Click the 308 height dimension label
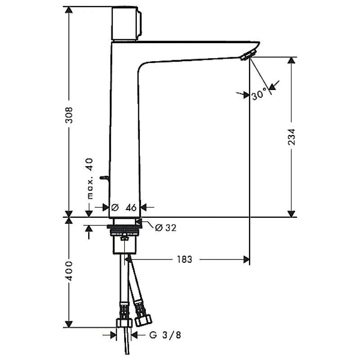click(69, 115)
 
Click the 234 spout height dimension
click(291, 137)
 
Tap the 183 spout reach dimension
click(184, 260)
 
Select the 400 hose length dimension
click(69, 271)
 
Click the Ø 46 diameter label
click(124, 207)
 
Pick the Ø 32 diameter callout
click(166, 228)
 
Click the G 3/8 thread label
click(165, 335)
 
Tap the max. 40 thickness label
click(90, 179)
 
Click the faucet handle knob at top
click(126, 23)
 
